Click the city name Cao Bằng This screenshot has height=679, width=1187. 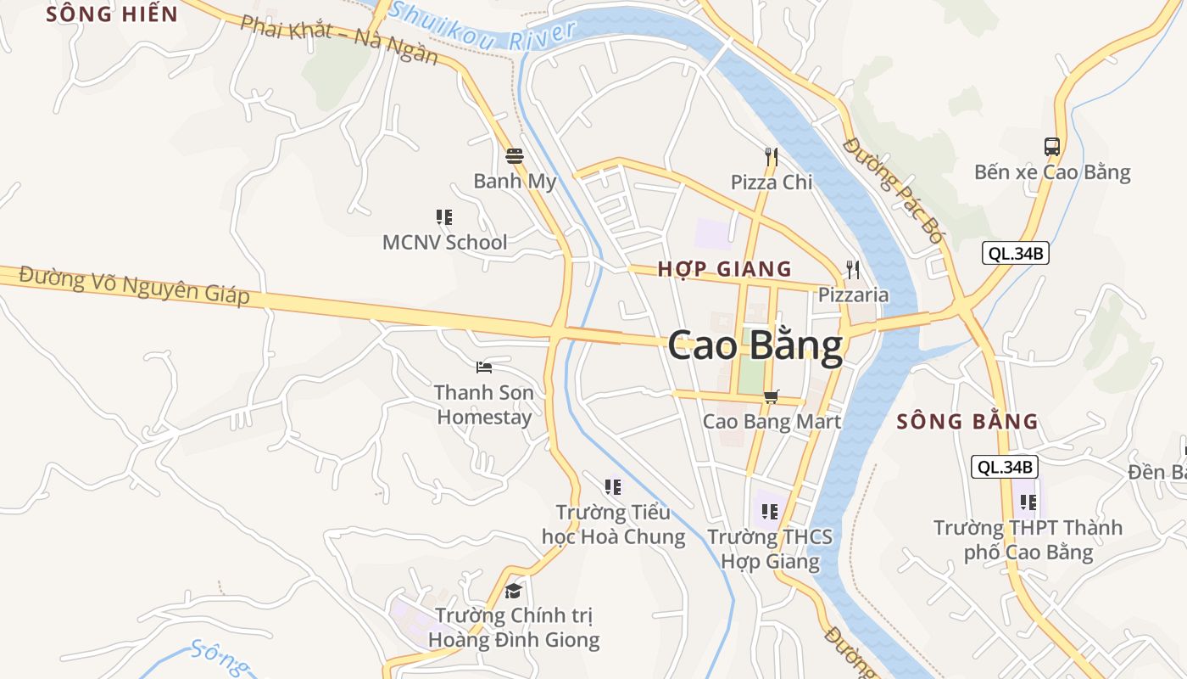(x=755, y=346)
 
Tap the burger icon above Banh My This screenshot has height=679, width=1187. (x=515, y=155)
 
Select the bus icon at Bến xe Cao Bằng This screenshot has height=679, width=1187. (x=1052, y=146)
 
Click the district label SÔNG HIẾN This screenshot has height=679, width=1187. (x=112, y=14)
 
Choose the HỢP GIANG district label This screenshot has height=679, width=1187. (x=725, y=269)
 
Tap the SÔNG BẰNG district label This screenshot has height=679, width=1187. (x=967, y=421)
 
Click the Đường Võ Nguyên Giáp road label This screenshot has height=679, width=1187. (x=135, y=285)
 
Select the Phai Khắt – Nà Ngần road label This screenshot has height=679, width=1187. (x=338, y=39)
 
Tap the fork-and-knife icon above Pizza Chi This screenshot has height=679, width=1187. (x=772, y=156)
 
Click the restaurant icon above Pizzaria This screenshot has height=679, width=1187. (x=853, y=270)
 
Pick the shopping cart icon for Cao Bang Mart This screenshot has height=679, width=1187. (x=772, y=396)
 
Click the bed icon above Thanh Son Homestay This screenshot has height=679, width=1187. (x=484, y=367)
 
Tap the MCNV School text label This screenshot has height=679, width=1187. (x=444, y=242)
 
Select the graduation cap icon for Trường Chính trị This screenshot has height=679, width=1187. (x=513, y=591)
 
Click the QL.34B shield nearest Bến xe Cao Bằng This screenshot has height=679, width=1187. (x=1016, y=253)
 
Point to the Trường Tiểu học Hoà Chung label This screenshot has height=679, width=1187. (x=614, y=525)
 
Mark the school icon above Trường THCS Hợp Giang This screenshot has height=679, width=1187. (x=770, y=511)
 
